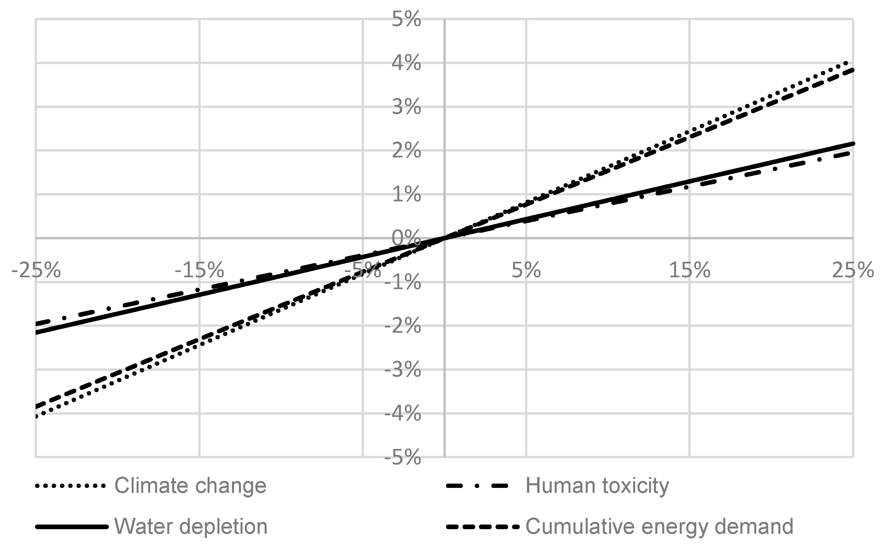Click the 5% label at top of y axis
[x=406, y=19]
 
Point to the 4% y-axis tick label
[x=406, y=63]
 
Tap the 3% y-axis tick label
[x=406, y=107]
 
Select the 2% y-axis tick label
[x=406, y=151]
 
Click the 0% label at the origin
[x=406, y=239]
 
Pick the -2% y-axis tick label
[x=403, y=326]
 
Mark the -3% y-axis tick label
[x=403, y=370]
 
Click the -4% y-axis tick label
[x=403, y=414]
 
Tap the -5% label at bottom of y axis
[x=403, y=458]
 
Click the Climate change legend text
[x=190, y=486]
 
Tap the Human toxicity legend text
[x=597, y=486]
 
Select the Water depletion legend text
[x=191, y=527]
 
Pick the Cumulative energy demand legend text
[x=659, y=527]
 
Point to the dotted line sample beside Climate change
[x=71, y=486]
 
